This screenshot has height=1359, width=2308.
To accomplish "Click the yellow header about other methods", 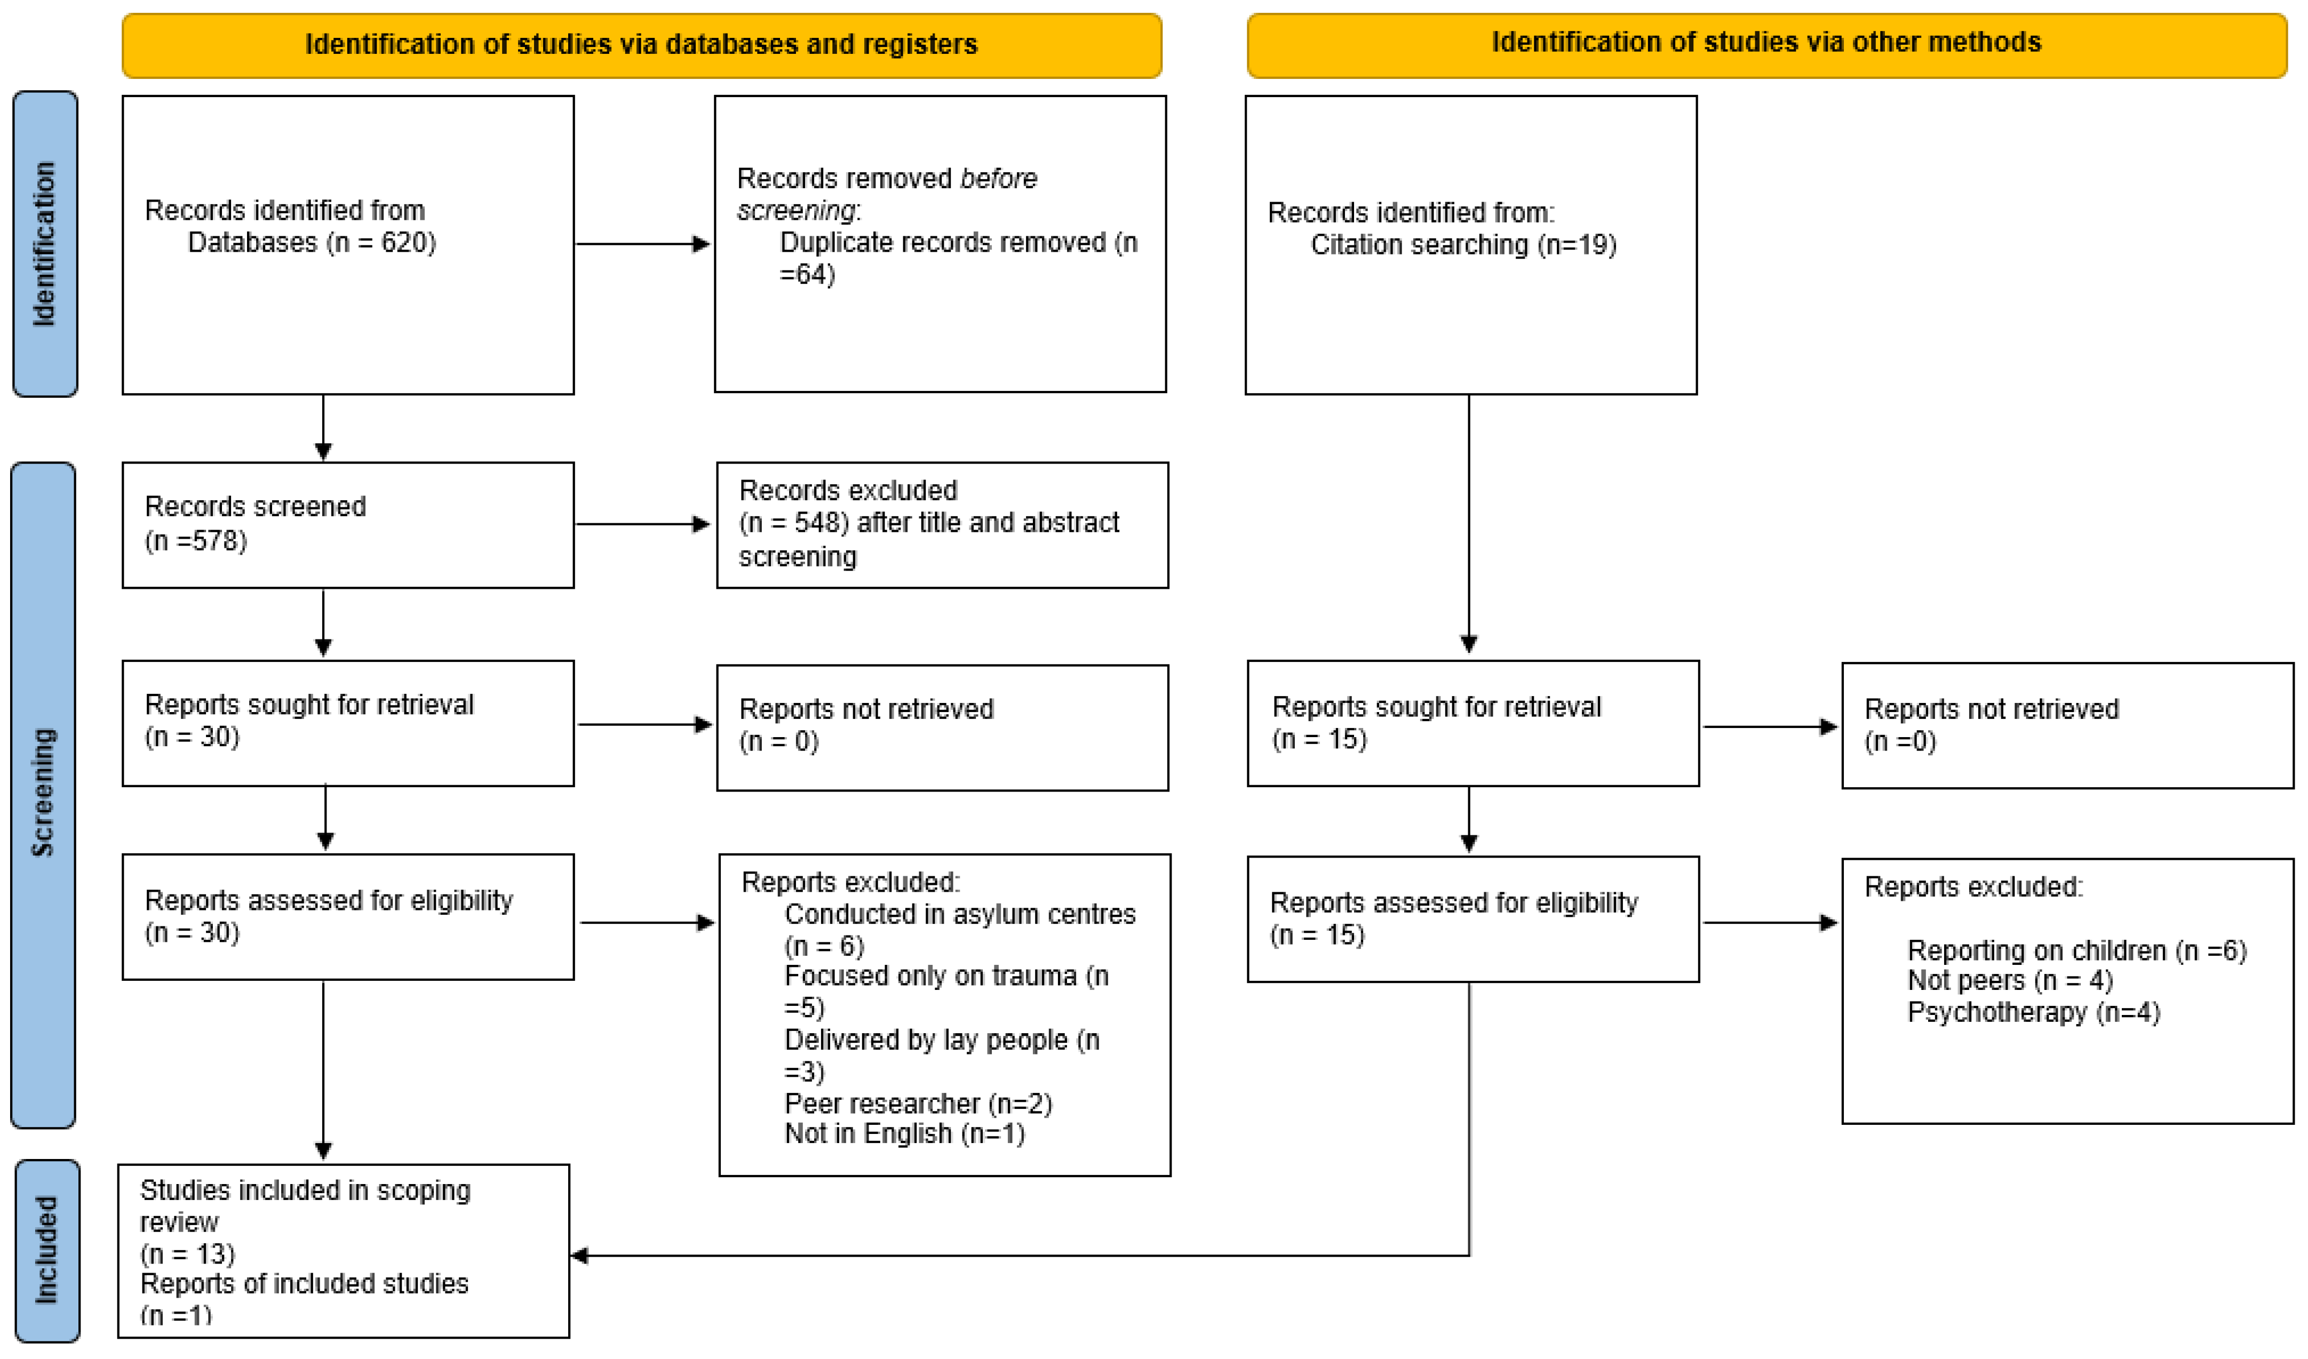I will [x=1766, y=43].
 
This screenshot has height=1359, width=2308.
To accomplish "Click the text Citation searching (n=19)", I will [x=1463, y=244].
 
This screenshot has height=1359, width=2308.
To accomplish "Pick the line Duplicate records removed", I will [x=957, y=243].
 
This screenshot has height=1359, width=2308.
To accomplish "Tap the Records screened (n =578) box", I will [x=348, y=525].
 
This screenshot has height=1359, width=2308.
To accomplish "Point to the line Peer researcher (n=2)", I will [x=918, y=1104].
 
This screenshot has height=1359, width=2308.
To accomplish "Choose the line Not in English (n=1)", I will [x=904, y=1134].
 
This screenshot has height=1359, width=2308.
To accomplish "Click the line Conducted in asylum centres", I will [x=959, y=914].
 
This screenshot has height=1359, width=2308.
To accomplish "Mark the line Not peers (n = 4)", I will [x=2009, y=981].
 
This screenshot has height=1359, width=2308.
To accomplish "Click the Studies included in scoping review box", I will [x=344, y=1251].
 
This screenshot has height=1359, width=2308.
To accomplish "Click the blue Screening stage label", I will [x=43, y=793].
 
